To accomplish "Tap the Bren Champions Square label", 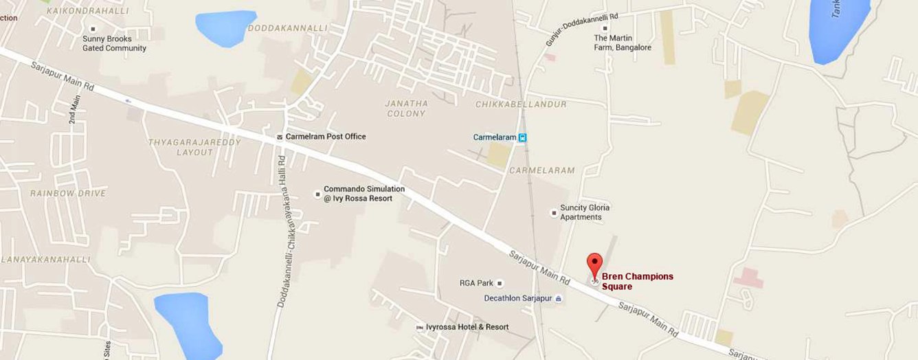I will pyautogui.click(x=637, y=281).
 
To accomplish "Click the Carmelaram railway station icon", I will pyautogui.click(x=523, y=137).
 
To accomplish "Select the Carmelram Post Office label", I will pyautogui.click(x=326, y=137).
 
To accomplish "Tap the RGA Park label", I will pyautogui.click(x=477, y=283).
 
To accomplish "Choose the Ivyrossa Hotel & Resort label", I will pyautogui.click(x=467, y=327).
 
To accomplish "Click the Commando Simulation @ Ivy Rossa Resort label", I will pyautogui.click(x=364, y=194).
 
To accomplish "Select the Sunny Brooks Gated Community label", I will pyautogui.click(x=114, y=43).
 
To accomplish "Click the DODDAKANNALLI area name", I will pyautogui.click(x=287, y=28).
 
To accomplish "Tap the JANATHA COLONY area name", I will pyautogui.click(x=406, y=109).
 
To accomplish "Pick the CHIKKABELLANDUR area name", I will pyautogui.click(x=521, y=104).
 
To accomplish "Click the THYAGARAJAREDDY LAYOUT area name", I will pyautogui.click(x=181, y=147).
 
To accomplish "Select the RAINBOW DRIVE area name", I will pyautogui.click(x=68, y=194).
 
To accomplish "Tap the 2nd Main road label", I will pyautogui.click(x=74, y=109).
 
